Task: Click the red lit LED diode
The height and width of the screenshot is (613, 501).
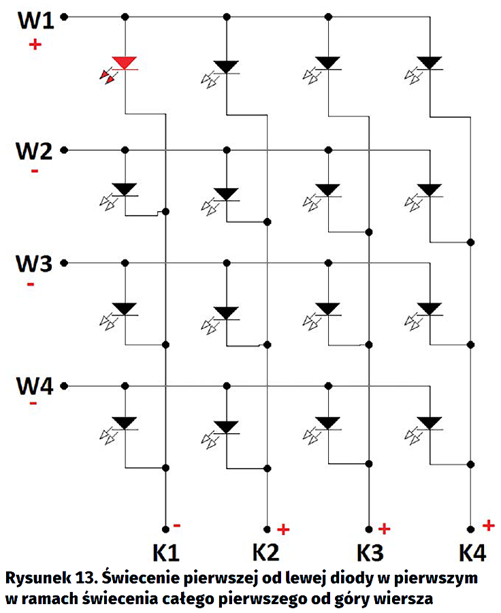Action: click(x=125, y=63)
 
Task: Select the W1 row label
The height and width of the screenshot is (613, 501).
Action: click(x=35, y=20)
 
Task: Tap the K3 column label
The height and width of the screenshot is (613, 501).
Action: click(x=370, y=552)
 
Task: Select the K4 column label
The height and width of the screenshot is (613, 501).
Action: click(x=471, y=552)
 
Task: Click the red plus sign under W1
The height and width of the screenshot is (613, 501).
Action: click(x=35, y=45)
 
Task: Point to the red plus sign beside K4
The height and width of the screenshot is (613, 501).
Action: click(x=487, y=524)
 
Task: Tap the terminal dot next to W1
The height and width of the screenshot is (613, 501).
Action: click(x=64, y=16)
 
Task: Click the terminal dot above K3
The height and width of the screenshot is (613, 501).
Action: click(x=369, y=529)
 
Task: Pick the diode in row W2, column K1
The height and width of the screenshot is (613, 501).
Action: click(x=125, y=189)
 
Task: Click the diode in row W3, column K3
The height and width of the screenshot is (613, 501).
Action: click(x=329, y=308)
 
